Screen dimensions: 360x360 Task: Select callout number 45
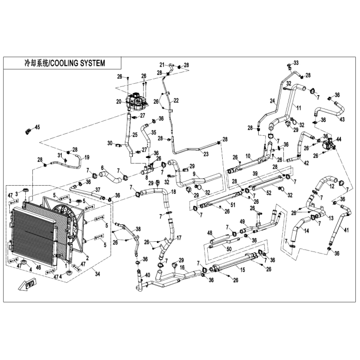pyautogui.click(x=37, y=127)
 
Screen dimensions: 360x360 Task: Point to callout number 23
pyautogui.click(x=192, y=154)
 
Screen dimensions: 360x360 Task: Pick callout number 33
pyautogui.click(x=296, y=63)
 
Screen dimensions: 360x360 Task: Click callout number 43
pyautogui.click(x=342, y=119)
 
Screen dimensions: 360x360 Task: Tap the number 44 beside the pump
pyautogui.click(x=338, y=139)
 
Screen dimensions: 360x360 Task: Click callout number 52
pyautogui.click(x=268, y=193)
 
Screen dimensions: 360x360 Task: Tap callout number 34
pyautogui.click(x=97, y=273)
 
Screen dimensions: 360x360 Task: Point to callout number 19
pyautogui.click(x=87, y=157)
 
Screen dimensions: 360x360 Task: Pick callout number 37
pyautogui.click(x=97, y=190)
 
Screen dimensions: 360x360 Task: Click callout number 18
pyautogui.click(x=173, y=191)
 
